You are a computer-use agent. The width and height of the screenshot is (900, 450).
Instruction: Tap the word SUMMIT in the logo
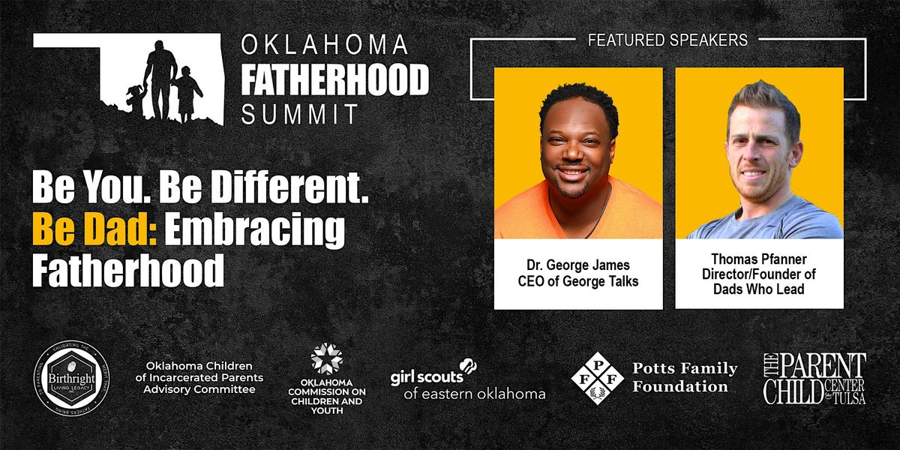(299, 114)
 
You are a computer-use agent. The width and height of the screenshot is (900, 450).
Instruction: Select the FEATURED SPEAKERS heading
(667, 40)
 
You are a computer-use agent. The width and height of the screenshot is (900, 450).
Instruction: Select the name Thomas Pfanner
(759, 259)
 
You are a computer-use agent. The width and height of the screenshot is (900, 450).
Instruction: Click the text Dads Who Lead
(759, 289)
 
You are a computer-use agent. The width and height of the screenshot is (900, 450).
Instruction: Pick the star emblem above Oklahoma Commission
(326, 358)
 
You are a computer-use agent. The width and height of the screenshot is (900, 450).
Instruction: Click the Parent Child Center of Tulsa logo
(814, 379)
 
